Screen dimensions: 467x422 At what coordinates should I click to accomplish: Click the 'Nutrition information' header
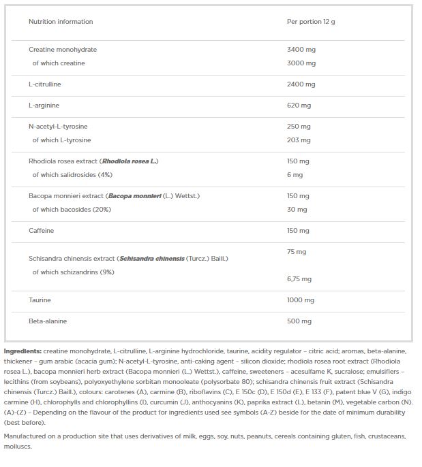[x=61, y=22]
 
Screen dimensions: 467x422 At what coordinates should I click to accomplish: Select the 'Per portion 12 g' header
[x=311, y=22]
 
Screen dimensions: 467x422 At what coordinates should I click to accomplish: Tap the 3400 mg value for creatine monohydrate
[x=301, y=50]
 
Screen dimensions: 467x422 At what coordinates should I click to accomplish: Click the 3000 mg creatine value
[x=301, y=63]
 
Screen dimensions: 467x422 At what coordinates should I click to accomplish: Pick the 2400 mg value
[x=301, y=84]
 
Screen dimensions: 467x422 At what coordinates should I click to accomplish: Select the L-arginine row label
[x=44, y=106]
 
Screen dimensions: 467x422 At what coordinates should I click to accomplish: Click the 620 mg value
[x=299, y=106]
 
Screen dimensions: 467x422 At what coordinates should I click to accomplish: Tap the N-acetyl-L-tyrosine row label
[x=58, y=127]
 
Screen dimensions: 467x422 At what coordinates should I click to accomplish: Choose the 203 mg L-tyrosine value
[x=299, y=140]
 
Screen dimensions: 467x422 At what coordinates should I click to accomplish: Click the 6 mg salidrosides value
[x=295, y=175]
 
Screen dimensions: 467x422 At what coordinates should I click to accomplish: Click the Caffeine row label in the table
[x=41, y=231]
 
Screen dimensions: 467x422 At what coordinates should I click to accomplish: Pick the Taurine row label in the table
[x=40, y=300]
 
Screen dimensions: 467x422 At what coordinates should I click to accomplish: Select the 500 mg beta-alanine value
[x=299, y=321]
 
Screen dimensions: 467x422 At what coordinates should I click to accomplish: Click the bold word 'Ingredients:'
[x=22, y=350]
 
